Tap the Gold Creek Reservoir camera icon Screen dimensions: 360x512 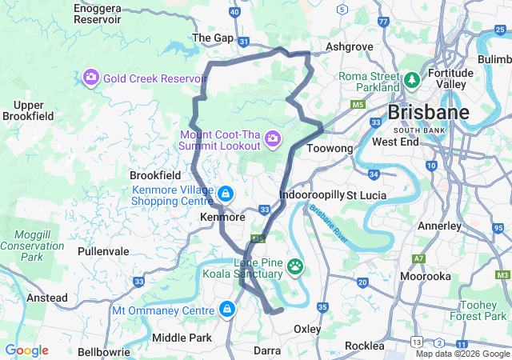(91, 78)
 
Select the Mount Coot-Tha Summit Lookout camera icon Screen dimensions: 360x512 (273, 140)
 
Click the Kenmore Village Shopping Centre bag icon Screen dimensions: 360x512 (226, 194)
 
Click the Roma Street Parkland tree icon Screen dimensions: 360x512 (412, 81)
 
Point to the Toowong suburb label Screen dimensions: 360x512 (330, 149)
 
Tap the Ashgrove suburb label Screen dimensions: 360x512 (350, 47)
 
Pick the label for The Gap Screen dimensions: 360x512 (212, 38)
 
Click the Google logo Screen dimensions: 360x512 (26, 350)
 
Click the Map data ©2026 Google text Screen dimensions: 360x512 (462, 354)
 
